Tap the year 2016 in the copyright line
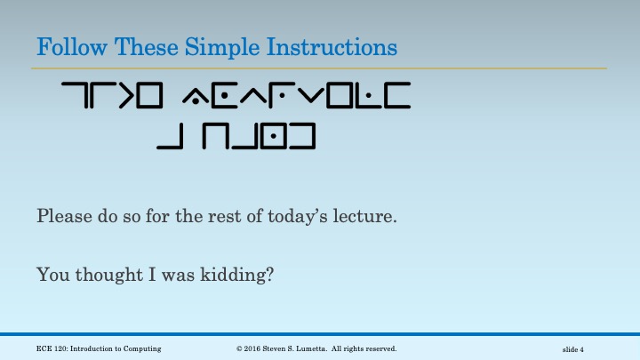point(258,348)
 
